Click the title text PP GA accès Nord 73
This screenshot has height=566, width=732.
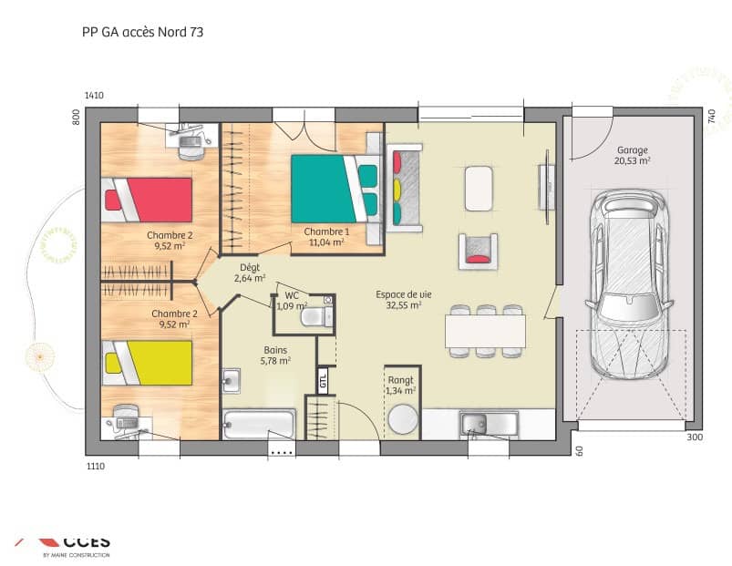tap(136, 32)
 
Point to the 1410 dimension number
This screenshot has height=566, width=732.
tap(94, 96)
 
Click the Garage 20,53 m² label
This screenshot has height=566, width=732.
tap(632, 155)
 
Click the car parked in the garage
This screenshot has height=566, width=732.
tap(630, 283)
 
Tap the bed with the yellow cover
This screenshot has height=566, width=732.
tap(148, 362)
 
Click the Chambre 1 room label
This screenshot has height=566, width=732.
tap(325, 236)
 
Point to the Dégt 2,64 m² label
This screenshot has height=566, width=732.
tap(249, 273)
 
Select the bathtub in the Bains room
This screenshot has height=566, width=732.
tap(259, 425)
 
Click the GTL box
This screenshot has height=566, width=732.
tap(323, 379)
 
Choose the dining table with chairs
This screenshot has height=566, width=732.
tap(485, 328)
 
